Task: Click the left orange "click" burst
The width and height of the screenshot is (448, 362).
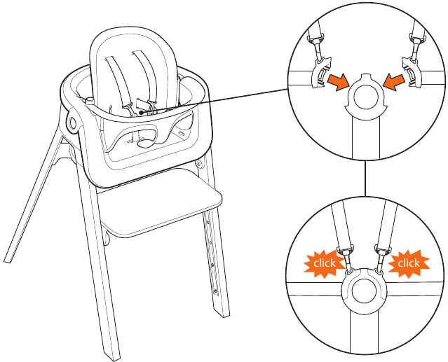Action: pyautogui.click(x=324, y=263)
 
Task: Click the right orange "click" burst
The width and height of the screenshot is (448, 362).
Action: pyautogui.click(x=409, y=263)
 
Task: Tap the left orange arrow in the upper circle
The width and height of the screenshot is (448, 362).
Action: pyautogui.click(x=339, y=82)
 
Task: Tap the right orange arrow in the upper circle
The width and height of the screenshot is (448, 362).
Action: pyautogui.click(x=394, y=82)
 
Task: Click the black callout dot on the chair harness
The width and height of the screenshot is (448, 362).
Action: pyautogui.click(x=141, y=113)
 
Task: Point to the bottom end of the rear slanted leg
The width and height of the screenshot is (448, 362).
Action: pyautogui.click(x=8, y=260)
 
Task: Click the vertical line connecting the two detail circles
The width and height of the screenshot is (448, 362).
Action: pyautogui.click(x=365, y=178)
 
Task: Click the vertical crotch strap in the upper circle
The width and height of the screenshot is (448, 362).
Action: pyautogui.click(x=366, y=137)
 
